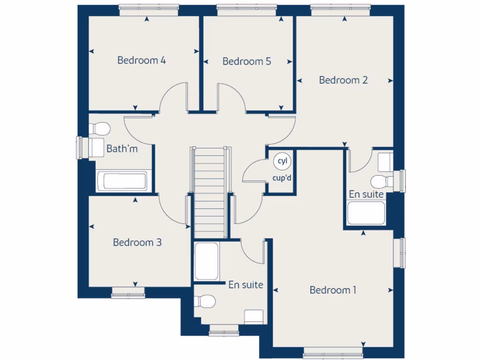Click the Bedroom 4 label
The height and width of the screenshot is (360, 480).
click(142, 60)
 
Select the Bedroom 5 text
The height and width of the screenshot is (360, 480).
click(247, 61)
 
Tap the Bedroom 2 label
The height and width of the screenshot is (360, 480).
click(343, 80)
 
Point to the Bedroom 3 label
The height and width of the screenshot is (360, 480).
click(137, 242)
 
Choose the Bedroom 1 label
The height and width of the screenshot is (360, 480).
click(333, 290)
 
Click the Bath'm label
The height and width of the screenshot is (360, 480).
click(122, 149)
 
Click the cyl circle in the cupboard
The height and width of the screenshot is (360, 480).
click(282, 161)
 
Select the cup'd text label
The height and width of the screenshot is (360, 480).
click(282, 178)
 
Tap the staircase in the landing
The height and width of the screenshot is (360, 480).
click(210, 192)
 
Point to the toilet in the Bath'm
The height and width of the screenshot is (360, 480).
click(99, 128)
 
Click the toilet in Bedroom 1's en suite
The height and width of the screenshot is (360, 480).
click(205, 301)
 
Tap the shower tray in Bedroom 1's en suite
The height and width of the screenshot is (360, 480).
click(206, 261)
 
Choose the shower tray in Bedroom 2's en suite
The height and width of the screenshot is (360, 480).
click(366, 213)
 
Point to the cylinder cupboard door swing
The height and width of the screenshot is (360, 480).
click(253, 172)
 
